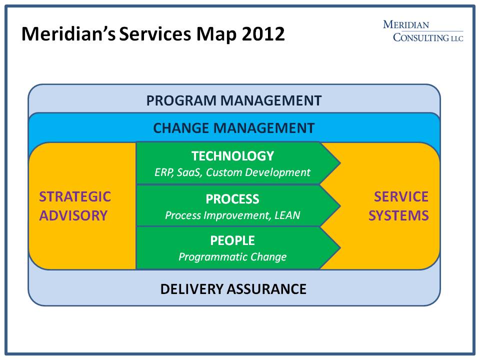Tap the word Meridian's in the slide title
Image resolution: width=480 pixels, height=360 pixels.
[x=68, y=34]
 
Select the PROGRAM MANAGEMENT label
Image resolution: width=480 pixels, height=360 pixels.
[x=233, y=100]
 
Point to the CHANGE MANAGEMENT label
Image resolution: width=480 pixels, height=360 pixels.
[x=233, y=128]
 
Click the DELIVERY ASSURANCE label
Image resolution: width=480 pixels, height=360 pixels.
[x=233, y=289]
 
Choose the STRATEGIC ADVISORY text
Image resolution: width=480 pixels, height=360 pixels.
[x=75, y=205]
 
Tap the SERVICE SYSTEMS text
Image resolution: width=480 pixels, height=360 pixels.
[x=401, y=205]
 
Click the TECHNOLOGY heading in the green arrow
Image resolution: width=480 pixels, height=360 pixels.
[x=232, y=156]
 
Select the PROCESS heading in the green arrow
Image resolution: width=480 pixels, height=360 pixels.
[x=232, y=199]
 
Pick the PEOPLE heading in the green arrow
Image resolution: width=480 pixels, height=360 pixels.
[x=232, y=240]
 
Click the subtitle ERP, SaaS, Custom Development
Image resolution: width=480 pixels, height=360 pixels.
[x=232, y=172]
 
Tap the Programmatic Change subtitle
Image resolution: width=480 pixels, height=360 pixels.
[x=232, y=257]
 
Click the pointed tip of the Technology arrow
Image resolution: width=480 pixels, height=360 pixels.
[x=339, y=163]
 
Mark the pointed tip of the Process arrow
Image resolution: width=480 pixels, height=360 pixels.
[x=339, y=205]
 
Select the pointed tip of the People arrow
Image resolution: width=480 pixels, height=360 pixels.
[x=339, y=247]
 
